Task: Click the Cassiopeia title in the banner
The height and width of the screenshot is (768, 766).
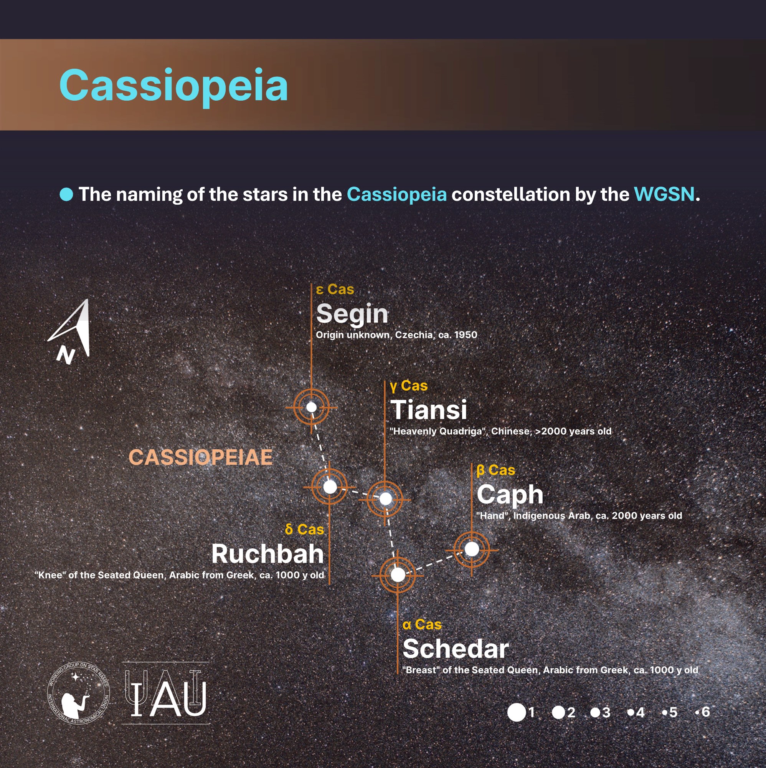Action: point(173,86)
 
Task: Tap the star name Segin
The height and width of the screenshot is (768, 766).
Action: point(352,314)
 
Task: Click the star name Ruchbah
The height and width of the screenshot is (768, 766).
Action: point(268,554)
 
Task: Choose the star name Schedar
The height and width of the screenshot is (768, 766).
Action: point(456,649)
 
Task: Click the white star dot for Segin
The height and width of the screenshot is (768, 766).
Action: point(312,407)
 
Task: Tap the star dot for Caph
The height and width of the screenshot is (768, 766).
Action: point(472,549)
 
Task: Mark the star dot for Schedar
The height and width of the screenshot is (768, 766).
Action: point(398,574)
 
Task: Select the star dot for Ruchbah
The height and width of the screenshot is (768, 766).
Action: point(330,487)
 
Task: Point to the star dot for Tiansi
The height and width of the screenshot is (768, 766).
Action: point(385,498)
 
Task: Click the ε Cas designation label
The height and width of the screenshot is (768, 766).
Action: point(335,290)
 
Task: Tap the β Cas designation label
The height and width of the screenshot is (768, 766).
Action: point(496,470)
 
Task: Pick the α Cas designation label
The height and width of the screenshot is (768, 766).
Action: point(422,624)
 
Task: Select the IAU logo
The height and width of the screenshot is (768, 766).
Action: point(166,693)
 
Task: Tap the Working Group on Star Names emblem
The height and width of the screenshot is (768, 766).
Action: point(79,693)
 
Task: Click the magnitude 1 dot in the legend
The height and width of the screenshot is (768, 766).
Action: point(517,712)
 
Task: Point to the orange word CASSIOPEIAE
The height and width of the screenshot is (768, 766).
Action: point(201,457)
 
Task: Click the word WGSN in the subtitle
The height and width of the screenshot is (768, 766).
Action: point(664,194)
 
